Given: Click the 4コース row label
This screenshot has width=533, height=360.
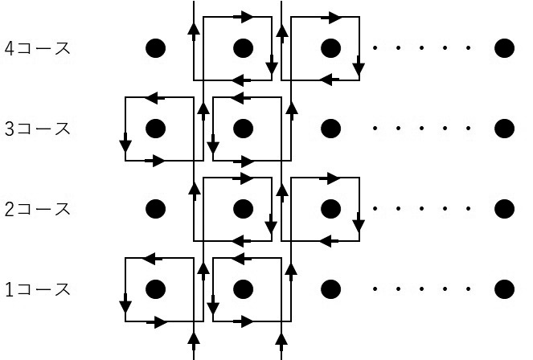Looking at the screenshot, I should [x=37, y=48].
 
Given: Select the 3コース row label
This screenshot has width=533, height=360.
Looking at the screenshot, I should [x=37, y=129].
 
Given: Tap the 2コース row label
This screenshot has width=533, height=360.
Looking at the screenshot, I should [x=37, y=209].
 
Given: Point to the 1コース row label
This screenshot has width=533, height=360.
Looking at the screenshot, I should [x=37, y=289].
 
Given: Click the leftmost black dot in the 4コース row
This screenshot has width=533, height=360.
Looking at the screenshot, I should [x=155, y=48].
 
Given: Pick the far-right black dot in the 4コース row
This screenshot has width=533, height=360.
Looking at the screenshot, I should [x=504, y=48].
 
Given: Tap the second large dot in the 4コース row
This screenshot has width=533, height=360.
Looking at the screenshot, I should [x=243, y=48].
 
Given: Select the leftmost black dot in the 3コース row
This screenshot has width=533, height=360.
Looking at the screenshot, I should [x=155, y=129].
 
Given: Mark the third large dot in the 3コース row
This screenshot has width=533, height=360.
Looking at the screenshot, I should [x=330, y=129].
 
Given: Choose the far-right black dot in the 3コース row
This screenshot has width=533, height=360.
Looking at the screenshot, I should [x=504, y=129].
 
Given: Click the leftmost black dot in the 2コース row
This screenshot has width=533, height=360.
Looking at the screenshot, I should [x=155, y=209].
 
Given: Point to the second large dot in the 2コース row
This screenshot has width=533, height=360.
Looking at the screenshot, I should [x=243, y=209].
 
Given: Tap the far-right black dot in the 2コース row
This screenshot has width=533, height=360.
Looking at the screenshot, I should [x=504, y=209].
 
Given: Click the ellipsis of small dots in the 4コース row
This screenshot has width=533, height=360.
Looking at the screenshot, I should [x=418, y=48].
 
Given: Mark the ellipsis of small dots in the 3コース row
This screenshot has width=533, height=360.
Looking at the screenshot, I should [x=418, y=129].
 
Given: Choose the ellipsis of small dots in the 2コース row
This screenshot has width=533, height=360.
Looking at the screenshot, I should [x=418, y=209].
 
